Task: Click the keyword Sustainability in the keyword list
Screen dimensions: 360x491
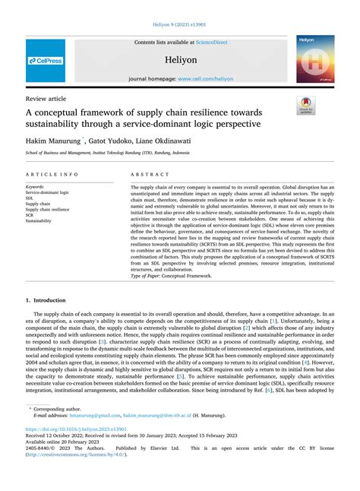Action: pyautogui.click(x=39, y=220)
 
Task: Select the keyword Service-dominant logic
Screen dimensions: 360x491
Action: pyautogui.click(x=47, y=193)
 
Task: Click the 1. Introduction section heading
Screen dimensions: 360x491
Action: pyautogui.click(x=51, y=280)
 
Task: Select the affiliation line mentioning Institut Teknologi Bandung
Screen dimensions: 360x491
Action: pyautogui.click(x=108, y=153)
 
